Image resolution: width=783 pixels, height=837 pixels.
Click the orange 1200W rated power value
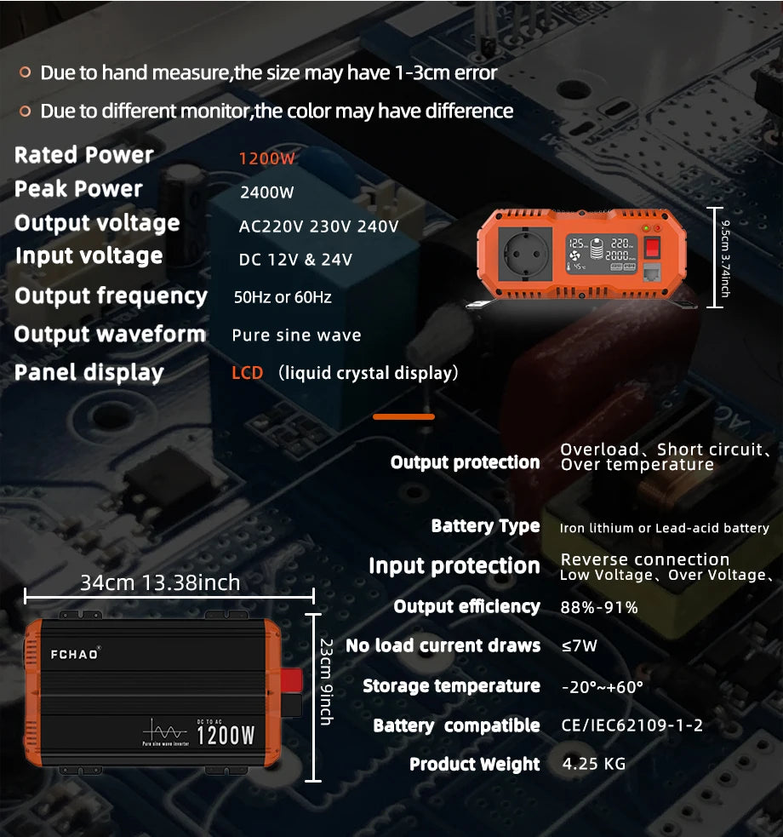tap(266, 158)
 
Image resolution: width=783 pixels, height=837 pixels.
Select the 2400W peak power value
tap(266, 192)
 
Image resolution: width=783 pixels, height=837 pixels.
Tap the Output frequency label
tap(111, 296)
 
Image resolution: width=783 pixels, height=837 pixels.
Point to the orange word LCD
tap(248, 373)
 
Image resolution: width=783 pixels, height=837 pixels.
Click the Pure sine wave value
tap(296, 335)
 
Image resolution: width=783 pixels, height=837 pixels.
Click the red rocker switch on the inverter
tap(653, 248)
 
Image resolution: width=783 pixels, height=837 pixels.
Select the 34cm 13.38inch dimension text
tap(160, 583)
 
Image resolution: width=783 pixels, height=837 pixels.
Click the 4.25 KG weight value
tap(594, 763)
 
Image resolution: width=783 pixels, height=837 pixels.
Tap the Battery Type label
tap(485, 526)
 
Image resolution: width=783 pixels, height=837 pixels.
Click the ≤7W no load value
tap(580, 645)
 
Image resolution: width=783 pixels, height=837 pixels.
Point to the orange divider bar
tap(403, 416)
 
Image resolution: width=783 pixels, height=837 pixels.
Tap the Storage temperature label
tap(451, 686)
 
